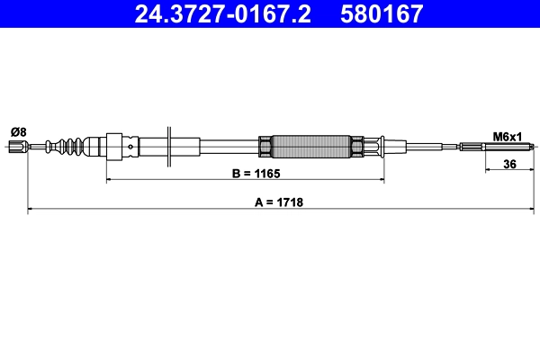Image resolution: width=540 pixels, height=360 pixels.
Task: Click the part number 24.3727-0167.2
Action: pyautogui.click(x=225, y=14)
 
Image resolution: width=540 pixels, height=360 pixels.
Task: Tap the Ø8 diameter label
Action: pyautogui.click(x=18, y=131)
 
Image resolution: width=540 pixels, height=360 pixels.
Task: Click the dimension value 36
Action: pyautogui.click(x=509, y=165)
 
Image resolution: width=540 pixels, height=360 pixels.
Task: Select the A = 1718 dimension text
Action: pyautogui.click(x=277, y=202)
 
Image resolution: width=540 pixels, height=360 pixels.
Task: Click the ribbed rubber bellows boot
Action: pyautogui.click(x=77, y=147)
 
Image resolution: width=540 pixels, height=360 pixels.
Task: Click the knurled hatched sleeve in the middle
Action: pyautogui.click(x=310, y=147)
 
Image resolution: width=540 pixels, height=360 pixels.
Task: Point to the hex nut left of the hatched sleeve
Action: pyautogui.click(x=265, y=147)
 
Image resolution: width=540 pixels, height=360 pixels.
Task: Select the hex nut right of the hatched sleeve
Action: pyautogui.click(x=356, y=147)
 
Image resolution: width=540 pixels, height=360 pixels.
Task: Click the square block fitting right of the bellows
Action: pyautogui.click(x=114, y=147)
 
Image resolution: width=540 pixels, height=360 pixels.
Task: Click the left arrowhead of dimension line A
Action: pyautogui.click(x=31, y=210)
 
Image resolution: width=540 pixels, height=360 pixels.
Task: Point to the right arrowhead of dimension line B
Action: pyautogui.click(x=382, y=181)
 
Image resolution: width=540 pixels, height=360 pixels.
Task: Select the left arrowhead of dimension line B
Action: pyautogui.click(x=111, y=181)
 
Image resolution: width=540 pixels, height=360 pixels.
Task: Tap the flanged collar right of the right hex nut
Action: pyautogui.click(x=377, y=147)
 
